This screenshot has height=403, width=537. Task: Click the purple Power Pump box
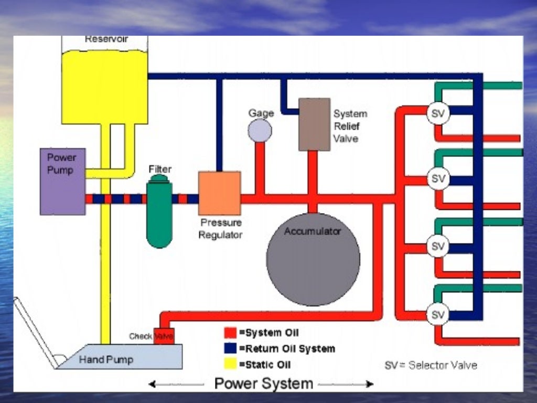pos(62,181)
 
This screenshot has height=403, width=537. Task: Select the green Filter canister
pos(159,213)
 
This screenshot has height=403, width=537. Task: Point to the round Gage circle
pos(260,130)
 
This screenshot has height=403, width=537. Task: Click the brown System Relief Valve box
pos(314,124)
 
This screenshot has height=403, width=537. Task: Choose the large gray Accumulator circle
pos(313,260)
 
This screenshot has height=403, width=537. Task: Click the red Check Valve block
pos(164,336)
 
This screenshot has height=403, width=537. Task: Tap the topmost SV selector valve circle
pos(438,113)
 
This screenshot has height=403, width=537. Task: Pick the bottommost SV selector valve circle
pos(438,314)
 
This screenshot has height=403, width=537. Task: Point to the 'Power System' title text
pos(263,383)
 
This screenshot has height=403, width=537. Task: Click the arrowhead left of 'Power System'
pos(152,385)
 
